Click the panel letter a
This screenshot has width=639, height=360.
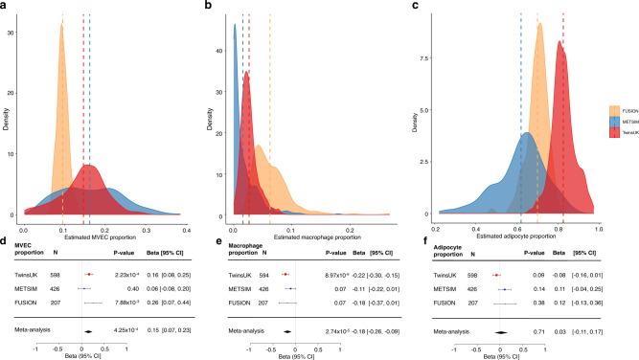pyautogui.click(x=6, y=6)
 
